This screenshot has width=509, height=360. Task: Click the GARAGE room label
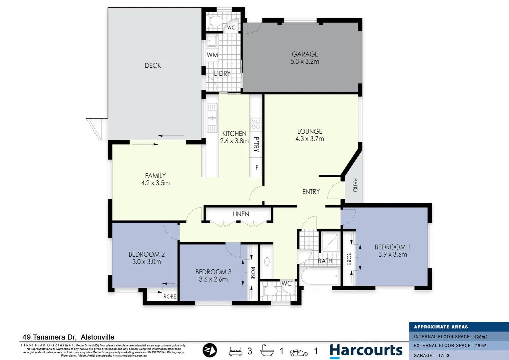pyautogui.click(x=305, y=54)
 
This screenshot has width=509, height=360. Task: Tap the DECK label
pyautogui.click(x=153, y=66)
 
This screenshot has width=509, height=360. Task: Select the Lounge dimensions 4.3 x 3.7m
pyautogui.click(x=309, y=139)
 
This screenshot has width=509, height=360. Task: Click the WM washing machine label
pyautogui.click(x=212, y=55)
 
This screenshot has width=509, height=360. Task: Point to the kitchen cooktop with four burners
pyautogui.click(x=256, y=124)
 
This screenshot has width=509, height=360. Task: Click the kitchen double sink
pyautogui.click(x=212, y=118)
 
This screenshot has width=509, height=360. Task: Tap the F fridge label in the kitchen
pyautogui.click(x=257, y=167)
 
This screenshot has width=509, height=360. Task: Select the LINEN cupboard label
pyautogui.click(x=241, y=214)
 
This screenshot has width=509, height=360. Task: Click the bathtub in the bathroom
pyautogui.click(x=319, y=276)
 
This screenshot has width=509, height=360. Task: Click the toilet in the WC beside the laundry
pyautogui.click(x=216, y=21)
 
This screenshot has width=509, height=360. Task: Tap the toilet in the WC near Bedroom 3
pyautogui.click(x=270, y=291)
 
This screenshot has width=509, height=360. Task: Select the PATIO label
pyautogui.click(x=355, y=185)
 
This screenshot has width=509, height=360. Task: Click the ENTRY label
pyautogui.click(x=311, y=192)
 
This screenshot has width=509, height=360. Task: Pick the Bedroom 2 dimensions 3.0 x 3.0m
pyautogui.click(x=147, y=262)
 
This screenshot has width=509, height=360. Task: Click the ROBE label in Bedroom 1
pyautogui.click(x=349, y=259)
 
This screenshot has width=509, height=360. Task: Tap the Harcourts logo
pyautogui.click(x=366, y=351)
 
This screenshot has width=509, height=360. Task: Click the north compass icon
pyautogui.click(x=210, y=350)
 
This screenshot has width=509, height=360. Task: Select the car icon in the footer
pyautogui.click(x=298, y=352)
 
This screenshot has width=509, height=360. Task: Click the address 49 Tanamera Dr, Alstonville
pyautogui.click(x=68, y=337)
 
